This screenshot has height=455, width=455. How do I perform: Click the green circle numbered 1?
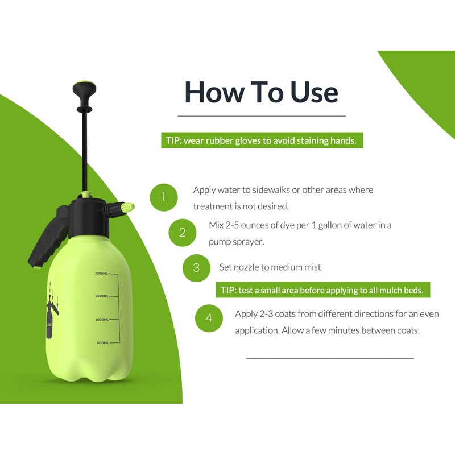(164, 197)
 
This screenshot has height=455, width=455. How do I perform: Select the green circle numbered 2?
(183, 233)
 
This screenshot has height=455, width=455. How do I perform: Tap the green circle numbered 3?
(196, 268)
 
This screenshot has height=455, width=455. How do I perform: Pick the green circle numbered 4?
(209, 318)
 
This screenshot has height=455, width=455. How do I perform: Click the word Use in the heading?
(314, 92)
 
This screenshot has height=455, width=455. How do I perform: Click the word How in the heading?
(214, 92)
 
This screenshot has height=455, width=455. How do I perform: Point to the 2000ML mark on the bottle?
(101, 274)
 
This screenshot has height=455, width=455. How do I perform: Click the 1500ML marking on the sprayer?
(102, 296)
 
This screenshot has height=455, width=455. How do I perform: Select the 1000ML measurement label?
(102, 320)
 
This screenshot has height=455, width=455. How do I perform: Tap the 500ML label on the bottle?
(103, 343)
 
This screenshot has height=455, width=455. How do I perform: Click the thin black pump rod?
(84, 151)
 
